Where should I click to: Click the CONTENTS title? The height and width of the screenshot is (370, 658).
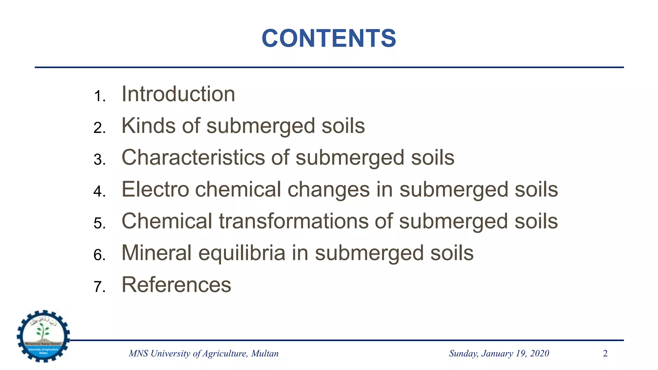(x=329, y=38)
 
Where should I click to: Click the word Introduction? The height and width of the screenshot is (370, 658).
(x=178, y=94)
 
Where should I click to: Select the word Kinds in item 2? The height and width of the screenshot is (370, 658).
(x=148, y=126)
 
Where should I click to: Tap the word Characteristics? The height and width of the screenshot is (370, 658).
(x=193, y=157)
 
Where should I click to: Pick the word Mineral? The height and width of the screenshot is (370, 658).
(x=156, y=253)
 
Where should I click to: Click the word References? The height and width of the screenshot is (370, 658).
(x=176, y=285)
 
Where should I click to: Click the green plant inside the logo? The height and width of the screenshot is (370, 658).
(x=43, y=331)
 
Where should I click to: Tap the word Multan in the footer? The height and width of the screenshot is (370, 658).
(x=265, y=354)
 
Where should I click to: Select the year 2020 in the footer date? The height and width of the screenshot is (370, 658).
(x=539, y=354)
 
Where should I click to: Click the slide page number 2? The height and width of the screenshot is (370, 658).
(x=605, y=354)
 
